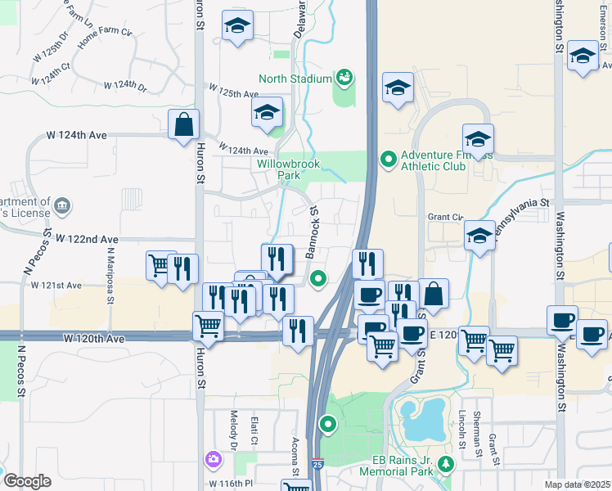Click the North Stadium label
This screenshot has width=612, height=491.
tap(295, 79)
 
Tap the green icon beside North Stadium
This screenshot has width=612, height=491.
tap(344, 78)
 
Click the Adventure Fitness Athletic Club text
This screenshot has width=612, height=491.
tap(432, 160)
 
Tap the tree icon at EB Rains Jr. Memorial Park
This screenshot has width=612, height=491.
tap(446, 465)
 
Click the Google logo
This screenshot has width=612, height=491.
tap(27, 481)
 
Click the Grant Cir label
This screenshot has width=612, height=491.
tap(444, 218)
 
